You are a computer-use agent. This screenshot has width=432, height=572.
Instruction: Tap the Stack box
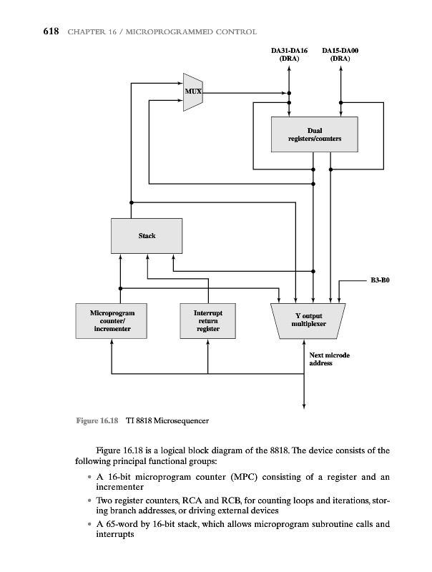click(x=147, y=236)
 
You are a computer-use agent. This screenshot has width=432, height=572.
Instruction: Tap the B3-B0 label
click(x=379, y=281)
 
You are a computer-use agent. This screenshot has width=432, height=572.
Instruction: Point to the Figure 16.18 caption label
click(x=97, y=420)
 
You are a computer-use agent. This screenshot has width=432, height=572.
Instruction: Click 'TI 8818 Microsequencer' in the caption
click(x=167, y=420)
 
